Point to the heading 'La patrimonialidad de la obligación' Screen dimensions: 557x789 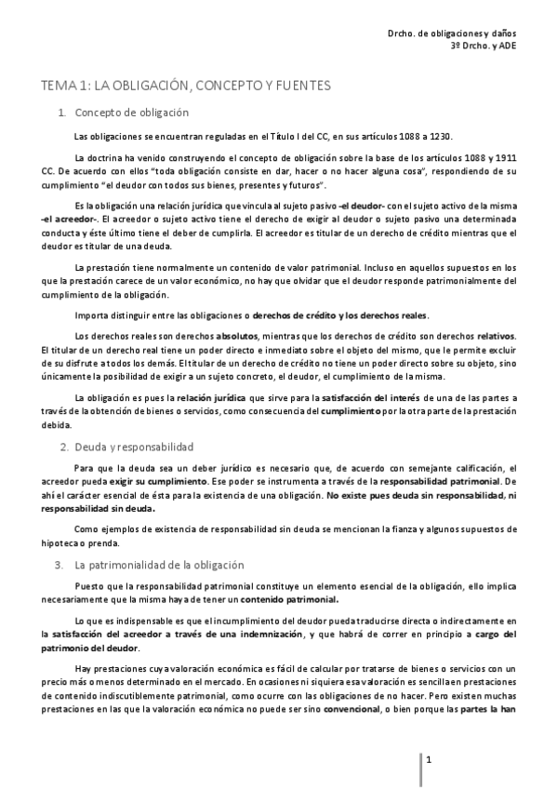[159, 564]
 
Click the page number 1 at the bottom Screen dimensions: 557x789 [429, 760]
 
